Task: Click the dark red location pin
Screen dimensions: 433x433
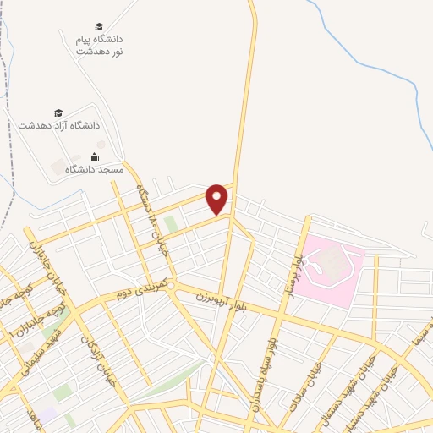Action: pyautogui.click(x=217, y=199)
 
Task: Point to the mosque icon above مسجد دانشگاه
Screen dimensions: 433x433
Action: pyautogui.click(x=94, y=156)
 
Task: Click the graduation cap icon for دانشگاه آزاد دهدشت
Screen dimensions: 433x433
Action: pyautogui.click(x=58, y=112)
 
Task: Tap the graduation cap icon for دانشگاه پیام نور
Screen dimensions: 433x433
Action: pyautogui.click(x=100, y=26)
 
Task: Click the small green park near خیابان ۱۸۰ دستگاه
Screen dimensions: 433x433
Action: pyautogui.click(x=171, y=223)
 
